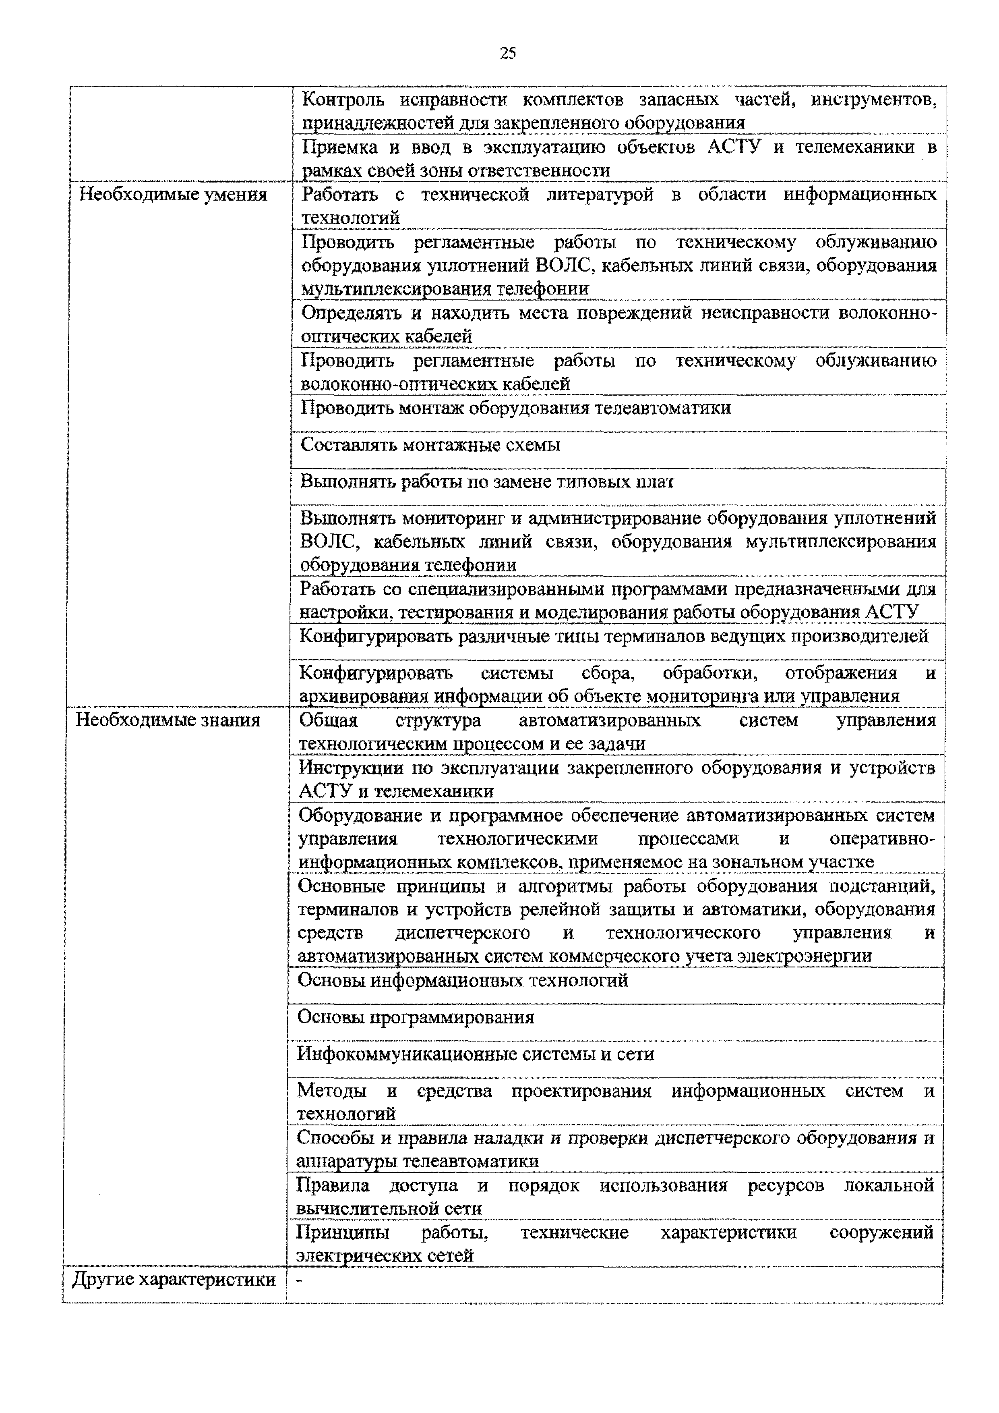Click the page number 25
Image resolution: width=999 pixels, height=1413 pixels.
(507, 54)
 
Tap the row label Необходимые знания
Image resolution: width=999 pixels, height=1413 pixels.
(168, 720)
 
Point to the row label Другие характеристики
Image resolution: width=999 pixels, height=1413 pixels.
(174, 1280)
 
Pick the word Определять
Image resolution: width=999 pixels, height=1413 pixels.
(351, 313)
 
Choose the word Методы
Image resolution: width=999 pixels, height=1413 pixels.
(331, 1091)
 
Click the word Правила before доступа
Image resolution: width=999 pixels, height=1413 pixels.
(333, 1185)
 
